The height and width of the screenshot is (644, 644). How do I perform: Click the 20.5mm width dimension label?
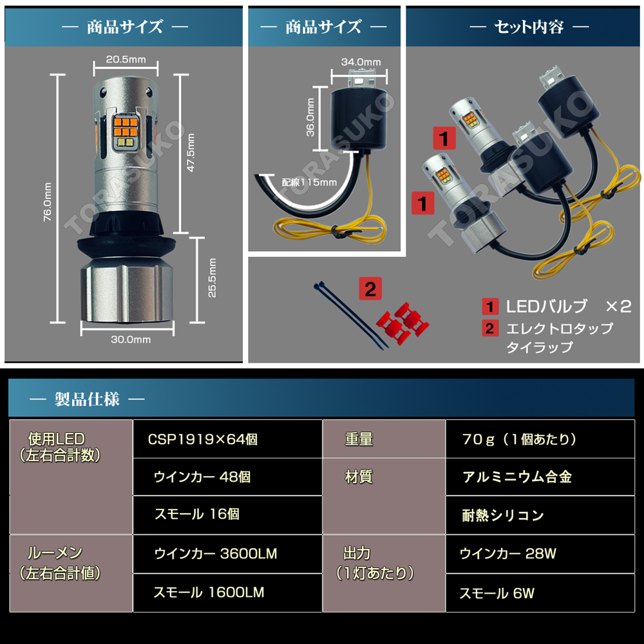pos(126,59)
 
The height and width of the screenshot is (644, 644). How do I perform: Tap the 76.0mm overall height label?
pos(48,202)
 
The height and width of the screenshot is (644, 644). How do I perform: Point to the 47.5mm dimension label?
pos(191,153)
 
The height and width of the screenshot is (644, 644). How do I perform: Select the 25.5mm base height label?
pos(212,278)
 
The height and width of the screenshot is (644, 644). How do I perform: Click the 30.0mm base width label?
pos(131,339)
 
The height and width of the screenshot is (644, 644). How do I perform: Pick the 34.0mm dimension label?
pos(361,62)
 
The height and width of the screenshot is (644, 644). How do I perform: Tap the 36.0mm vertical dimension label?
pos(310,117)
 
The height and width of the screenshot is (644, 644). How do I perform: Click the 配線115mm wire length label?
pos(309,182)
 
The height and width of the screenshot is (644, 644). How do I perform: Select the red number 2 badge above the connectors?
pos(370,289)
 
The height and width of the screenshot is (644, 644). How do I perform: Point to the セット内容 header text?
pos(529,27)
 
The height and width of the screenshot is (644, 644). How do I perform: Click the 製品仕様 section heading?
pos(87,399)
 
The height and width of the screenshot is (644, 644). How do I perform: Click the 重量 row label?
pos(359,439)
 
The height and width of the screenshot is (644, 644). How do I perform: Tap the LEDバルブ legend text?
pos(547,307)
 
